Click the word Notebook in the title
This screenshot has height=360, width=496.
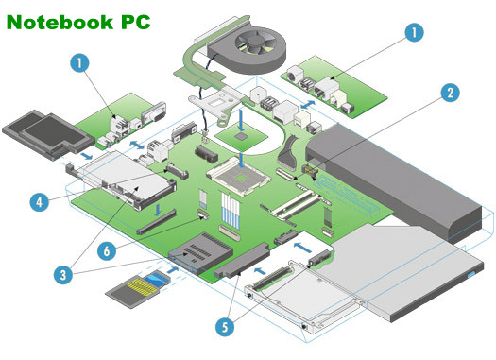pyautogui.click(x=60, y=22)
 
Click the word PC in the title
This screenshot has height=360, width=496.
pyautogui.click(x=136, y=22)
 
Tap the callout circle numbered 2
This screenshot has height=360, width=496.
pyautogui.click(x=450, y=93)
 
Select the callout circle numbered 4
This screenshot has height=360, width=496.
pyautogui.click(x=40, y=202)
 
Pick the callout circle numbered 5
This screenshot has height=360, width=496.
pyautogui.click(x=225, y=327)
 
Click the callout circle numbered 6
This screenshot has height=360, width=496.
pyautogui.click(x=107, y=250)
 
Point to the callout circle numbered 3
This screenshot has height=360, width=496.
pyautogui.click(x=63, y=274)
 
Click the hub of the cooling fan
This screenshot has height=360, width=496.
pyautogui.click(x=256, y=41)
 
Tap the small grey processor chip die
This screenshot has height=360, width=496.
pyautogui.click(x=242, y=136)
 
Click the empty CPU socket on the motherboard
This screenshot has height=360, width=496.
pyautogui.click(x=239, y=177)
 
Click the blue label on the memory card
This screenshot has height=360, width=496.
pyautogui.click(x=157, y=280)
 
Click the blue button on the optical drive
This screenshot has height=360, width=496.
pyautogui.click(x=472, y=274)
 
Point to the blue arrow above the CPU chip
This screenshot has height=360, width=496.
pyautogui.click(x=242, y=120)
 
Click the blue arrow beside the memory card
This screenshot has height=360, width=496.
pyautogui.click(x=172, y=270)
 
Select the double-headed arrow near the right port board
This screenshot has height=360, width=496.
pyautogui.click(x=307, y=104)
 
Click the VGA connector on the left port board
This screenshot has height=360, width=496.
pyautogui.click(x=154, y=113)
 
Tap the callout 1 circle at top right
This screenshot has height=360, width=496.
pyautogui.click(x=415, y=32)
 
